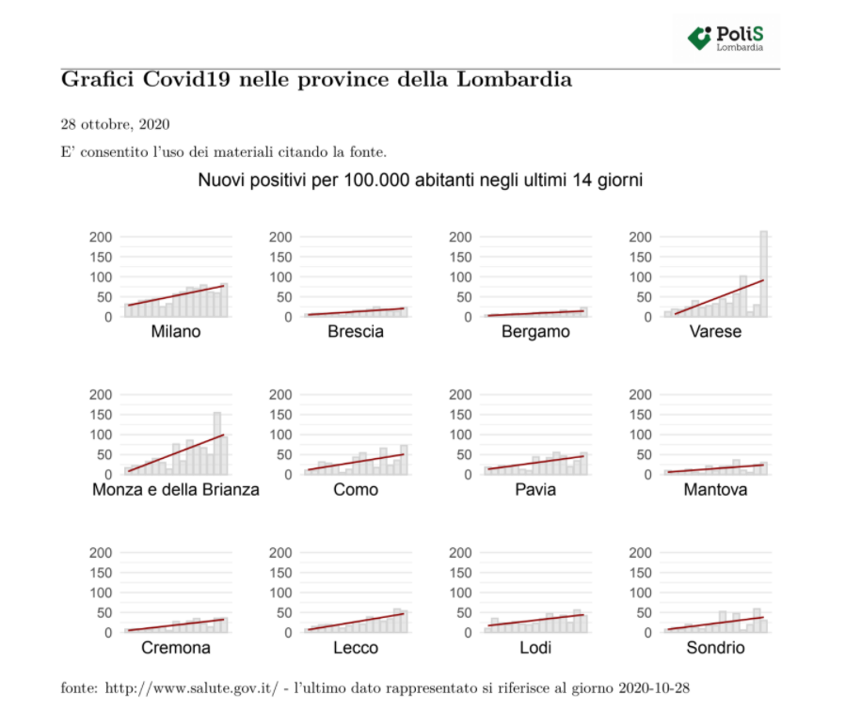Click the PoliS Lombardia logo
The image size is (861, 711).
tap(725, 38)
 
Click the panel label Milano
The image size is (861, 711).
tap(175, 331)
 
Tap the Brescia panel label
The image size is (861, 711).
tap(356, 331)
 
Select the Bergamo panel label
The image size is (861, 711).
tap(535, 331)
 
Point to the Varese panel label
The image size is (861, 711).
tap(715, 331)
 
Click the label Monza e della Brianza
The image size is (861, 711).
tap(175, 489)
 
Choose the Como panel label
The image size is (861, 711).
tap(356, 489)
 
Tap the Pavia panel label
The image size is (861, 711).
tap(535, 489)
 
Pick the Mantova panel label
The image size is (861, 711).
tap(715, 489)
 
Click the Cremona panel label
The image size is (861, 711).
tap(175, 647)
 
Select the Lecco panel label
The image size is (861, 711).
tap(356, 647)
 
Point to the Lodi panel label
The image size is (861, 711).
tap(535, 647)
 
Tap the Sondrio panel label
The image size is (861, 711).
tap(715, 647)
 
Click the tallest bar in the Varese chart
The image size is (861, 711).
tap(764, 274)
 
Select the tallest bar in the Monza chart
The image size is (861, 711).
tap(217, 443)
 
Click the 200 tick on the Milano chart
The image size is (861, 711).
tap(103, 237)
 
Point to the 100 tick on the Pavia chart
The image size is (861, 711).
tap(463, 434)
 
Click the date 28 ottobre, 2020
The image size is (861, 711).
tap(115, 124)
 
